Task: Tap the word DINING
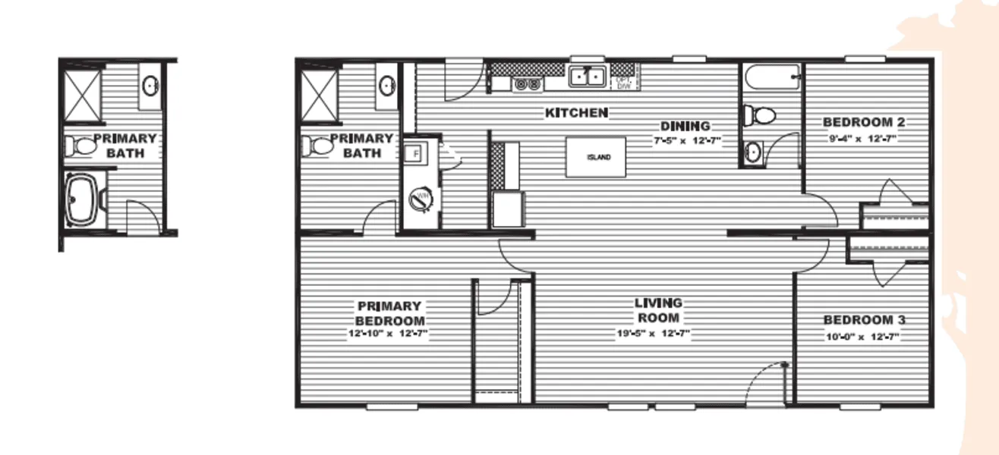coord(685,126)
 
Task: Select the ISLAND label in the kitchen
coord(596,158)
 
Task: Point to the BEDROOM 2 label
coord(864,122)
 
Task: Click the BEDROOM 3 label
coord(864,320)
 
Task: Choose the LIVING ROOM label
coord(658,310)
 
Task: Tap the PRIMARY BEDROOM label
coord(390,313)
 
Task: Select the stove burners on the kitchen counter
coord(527,84)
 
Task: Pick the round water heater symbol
coord(419,199)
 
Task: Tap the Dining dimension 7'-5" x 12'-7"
coord(684,141)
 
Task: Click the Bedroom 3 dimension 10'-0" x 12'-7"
coord(863,336)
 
